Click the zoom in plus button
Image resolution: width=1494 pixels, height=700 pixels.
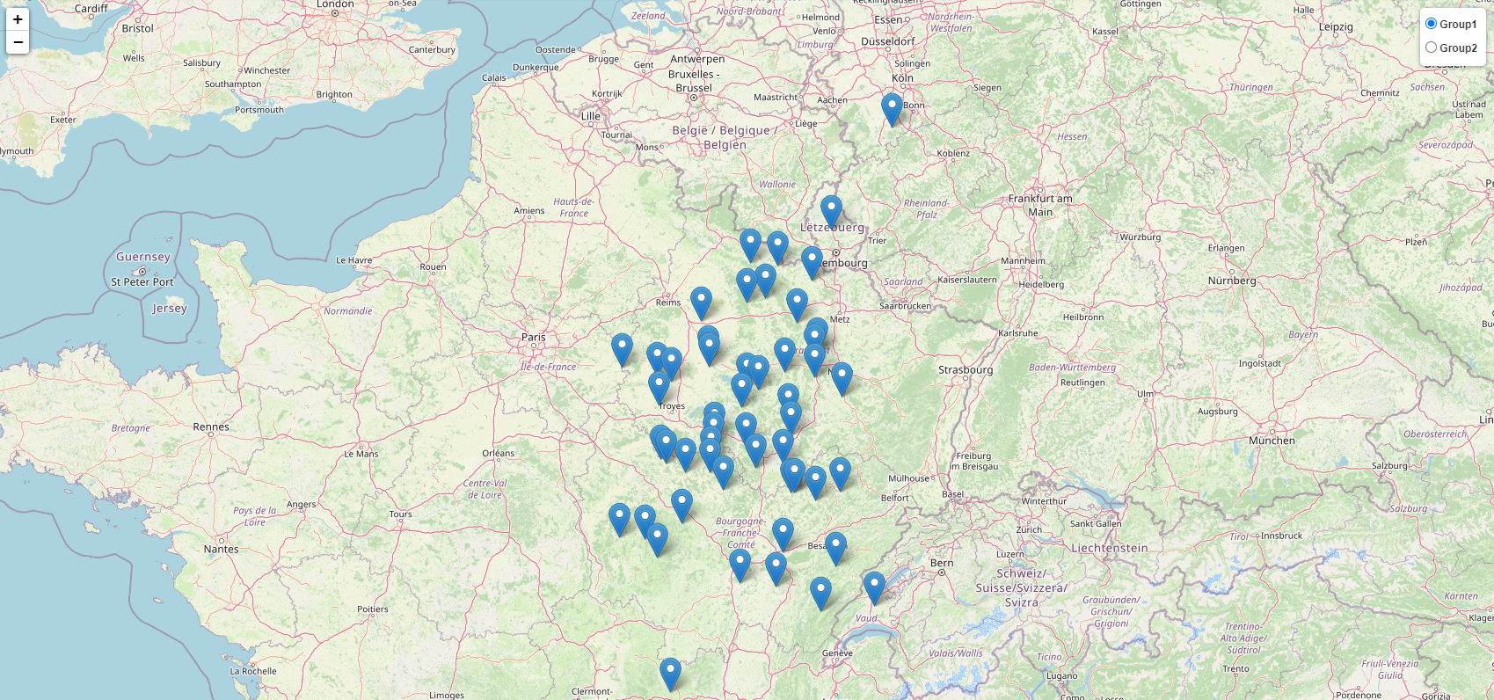pyautogui.click(x=18, y=19)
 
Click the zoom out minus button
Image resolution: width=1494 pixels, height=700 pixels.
pyautogui.click(x=18, y=42)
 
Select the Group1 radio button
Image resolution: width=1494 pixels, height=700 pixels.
pyautogui.click(x=1431, y=24)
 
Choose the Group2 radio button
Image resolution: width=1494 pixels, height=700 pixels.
pyautogui.click(x=1431, y=47)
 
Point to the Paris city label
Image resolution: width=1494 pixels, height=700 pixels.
pyautogui.click(x=533, y=338)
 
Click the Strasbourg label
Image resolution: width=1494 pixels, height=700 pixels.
pyautogui.click(x=965, y=370)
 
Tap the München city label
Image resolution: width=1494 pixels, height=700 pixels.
pyautogui.click(x=1272, y=441)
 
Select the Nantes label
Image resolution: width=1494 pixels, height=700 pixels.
pyautogui.click(x=221, y=550)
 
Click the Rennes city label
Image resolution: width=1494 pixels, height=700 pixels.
pyautogui.click(x=211, y=427)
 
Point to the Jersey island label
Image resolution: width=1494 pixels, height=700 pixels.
pyautogui.click(x=170, y=309)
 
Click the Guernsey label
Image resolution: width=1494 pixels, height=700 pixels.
pyautogui.click(x=143, y=258)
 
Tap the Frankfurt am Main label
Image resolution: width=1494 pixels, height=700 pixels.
pyautogui.click(x=1040, y=205)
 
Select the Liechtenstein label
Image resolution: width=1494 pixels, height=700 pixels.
pyautogui.click(x=1109, y=548)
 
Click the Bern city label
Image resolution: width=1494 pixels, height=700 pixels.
pyautogui.click(x=942, y=563)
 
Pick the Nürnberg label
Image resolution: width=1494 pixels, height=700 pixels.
pyautogui.click(x=1231, y=281)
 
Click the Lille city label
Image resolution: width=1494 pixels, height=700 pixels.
pyautogui.click(x=591, y=116)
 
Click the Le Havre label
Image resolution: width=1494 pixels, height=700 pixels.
pyautogui.click(x=354, y=260)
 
